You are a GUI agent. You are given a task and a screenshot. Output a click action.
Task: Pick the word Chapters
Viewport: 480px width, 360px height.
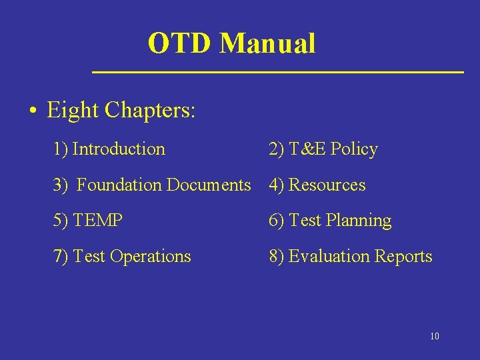click(x=150, y=110)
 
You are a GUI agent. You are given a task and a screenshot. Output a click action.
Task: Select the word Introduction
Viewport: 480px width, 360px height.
click(x=119, y=149)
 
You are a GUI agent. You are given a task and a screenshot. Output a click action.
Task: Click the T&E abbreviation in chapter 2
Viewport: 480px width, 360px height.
click(x=307, y=149)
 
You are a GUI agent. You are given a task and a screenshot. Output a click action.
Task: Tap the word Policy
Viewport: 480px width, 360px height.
click(x=354, y=149)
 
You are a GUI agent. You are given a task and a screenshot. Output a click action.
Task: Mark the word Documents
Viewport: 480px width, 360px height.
click(x=209, y=185)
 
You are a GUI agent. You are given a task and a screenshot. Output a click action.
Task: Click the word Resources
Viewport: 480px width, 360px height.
click(x=327, y=185)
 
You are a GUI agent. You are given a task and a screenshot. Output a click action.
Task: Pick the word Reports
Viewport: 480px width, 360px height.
click(x=402, y=257)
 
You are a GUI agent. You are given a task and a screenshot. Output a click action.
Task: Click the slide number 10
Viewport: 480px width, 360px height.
click(x=435, y=336)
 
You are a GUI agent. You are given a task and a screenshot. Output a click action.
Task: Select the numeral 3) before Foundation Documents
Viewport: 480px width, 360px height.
click(x=61, y=185)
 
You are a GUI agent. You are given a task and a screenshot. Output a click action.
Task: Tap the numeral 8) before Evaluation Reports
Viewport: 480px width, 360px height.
click(x=277, y=257)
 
